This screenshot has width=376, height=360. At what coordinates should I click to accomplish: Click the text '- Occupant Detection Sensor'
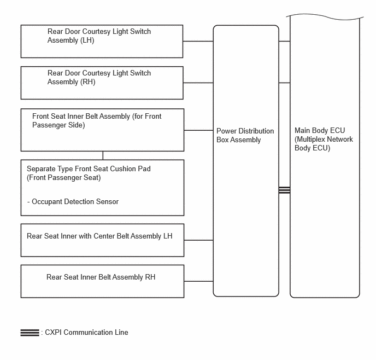73,201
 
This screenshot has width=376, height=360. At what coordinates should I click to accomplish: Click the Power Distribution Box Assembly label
245,135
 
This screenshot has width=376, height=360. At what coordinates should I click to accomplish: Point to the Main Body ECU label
324,139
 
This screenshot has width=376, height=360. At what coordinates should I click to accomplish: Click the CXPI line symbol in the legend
30,333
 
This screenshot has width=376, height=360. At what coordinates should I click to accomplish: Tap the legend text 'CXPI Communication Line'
86,333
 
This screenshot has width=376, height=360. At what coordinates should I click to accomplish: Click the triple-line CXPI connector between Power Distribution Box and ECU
284,190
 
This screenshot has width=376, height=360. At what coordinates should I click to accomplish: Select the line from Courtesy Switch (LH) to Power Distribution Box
198,41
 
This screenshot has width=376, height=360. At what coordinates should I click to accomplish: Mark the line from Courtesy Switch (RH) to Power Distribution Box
198,83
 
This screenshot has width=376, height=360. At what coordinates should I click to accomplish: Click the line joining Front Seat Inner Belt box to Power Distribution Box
198,130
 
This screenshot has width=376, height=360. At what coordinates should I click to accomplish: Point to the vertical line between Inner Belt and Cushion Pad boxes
103,155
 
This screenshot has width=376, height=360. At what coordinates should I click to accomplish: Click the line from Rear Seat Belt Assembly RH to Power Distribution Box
198,281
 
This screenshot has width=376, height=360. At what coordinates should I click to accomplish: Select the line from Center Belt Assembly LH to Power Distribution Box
198,240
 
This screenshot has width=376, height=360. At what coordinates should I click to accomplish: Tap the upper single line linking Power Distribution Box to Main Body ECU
284,41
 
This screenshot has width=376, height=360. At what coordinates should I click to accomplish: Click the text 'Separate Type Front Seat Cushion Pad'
89,169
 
